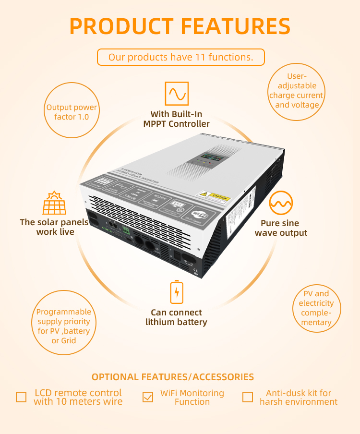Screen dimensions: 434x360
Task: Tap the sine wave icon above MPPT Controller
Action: click(177, 94)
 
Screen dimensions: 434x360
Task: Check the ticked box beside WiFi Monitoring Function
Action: click(148, 397)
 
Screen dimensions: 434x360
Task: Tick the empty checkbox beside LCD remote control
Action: click(21, 397)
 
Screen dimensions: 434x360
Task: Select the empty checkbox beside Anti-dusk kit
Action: click(248, 397)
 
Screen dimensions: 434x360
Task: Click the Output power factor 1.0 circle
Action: click(71, 112)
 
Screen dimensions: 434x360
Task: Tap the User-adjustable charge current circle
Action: click(296, 91)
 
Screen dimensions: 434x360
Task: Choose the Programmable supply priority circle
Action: click(64, 326)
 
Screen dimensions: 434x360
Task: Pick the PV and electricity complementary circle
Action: click(316, 308)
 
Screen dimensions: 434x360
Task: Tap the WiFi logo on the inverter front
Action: click(198, 214)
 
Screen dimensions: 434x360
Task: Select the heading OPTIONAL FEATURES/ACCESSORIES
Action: click(173, 377)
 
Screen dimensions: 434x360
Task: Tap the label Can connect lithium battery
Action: click(176, 317)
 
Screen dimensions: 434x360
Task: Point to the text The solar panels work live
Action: click(54, 227)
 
